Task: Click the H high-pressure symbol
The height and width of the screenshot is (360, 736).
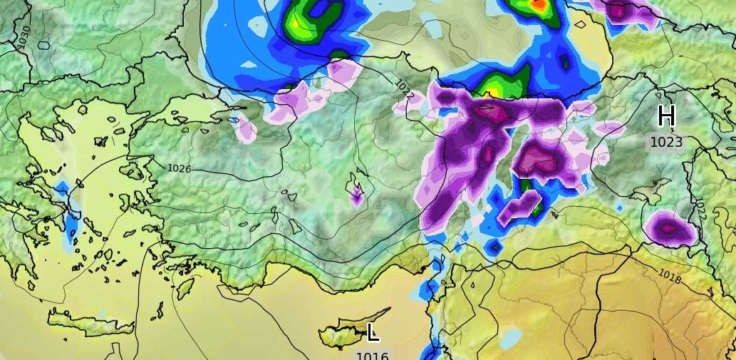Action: pyautogui.click(x=666, y=115)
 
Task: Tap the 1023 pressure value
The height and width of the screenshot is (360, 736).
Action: pyautogui.click(x=666, y=142)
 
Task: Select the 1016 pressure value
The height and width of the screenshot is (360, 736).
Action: pyautogui.click(x=372, y=355)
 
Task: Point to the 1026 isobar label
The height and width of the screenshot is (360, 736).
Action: pyautogui.click(x=179, y=169)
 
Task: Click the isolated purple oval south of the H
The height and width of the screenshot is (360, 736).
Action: pyautogui.click(x=669, y=229)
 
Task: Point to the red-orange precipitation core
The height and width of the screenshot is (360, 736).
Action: pyautogui.click(x=539, y=6)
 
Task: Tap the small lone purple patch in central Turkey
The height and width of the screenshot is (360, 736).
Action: pyautogui.click(x=356, y=195)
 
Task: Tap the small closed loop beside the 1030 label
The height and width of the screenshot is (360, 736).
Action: pyautogui.click(x=44, y=45)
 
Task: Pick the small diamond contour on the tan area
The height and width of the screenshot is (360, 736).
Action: pyautogui.click(x=580, y=24)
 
